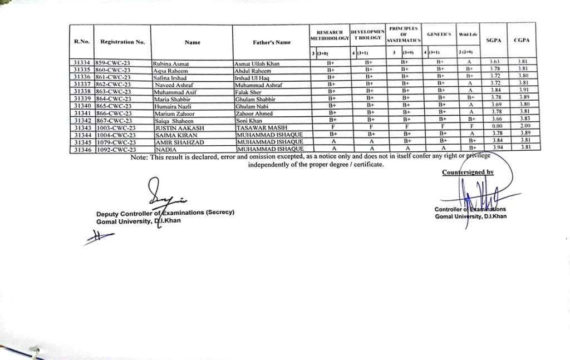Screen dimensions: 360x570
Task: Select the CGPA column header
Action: [522, 41]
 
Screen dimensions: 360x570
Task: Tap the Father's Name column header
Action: [272, 42]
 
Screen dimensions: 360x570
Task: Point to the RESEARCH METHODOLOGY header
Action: [329, 35]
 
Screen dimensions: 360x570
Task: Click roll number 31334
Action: [82, 63]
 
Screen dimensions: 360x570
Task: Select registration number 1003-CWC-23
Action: [115, 127]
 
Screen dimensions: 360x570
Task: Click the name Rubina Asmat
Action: [170, 63]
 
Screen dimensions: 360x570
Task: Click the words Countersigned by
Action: [468, 172]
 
